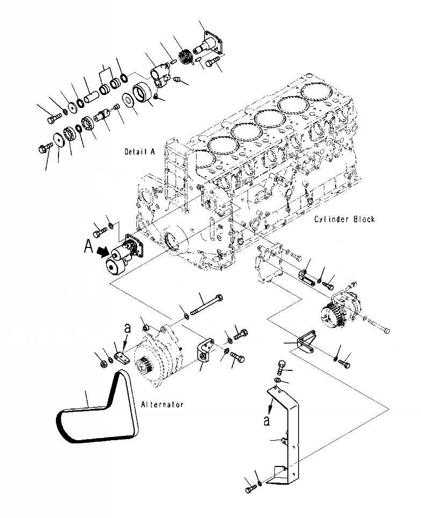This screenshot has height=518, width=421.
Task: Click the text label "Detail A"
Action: pos(139,152)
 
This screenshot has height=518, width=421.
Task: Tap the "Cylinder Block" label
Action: pos(345,219)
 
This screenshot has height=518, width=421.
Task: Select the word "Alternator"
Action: pos(163,404)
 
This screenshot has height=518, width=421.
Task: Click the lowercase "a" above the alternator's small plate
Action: pos(127,326)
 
